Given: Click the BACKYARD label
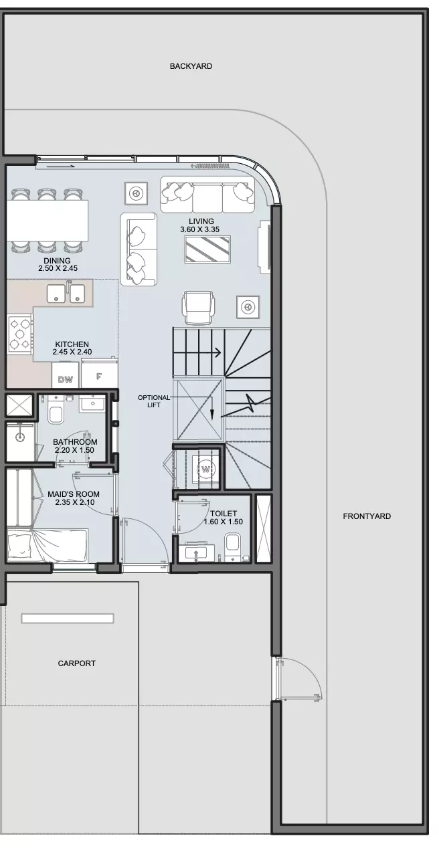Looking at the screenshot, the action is point(191,66).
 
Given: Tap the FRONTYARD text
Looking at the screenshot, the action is point(366,516).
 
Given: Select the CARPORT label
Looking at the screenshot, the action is point(76,663).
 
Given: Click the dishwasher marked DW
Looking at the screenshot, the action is point(65,375).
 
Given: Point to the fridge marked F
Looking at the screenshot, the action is point(99,375).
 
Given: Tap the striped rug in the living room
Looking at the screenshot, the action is point(207,249).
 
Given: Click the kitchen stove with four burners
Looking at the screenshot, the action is point(19,334).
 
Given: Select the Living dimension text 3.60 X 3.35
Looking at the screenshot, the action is point(199,229).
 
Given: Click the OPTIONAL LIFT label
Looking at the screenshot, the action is point(154,401).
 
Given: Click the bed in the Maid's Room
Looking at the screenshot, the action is point(48,545).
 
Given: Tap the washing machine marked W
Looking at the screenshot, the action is point(205,469).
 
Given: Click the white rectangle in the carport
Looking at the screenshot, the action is point(68,618).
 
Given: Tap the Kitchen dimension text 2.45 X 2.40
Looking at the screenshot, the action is point(72,352).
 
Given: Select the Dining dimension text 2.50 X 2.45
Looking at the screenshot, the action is point(58,268).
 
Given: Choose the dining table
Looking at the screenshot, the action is point(47,221).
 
